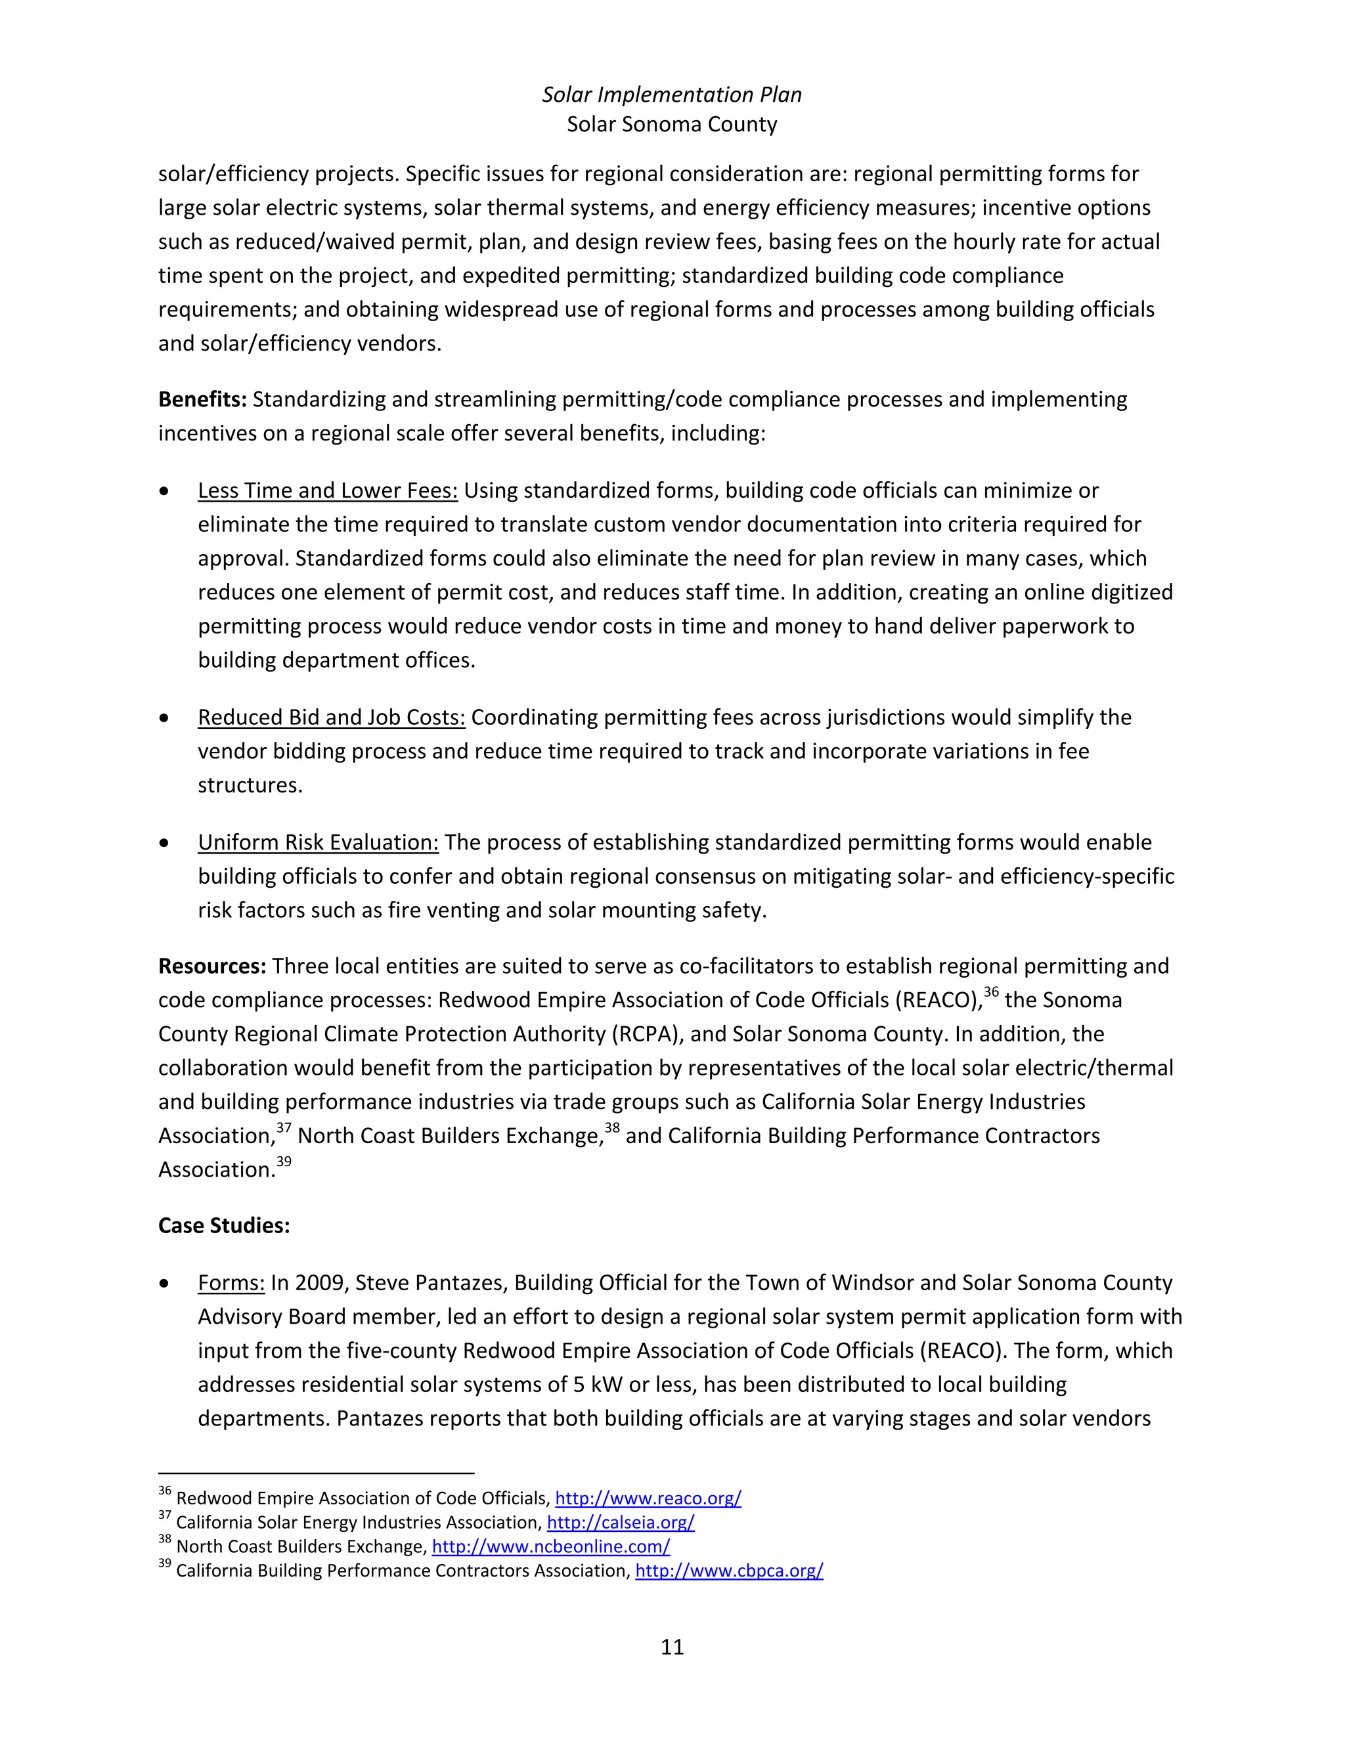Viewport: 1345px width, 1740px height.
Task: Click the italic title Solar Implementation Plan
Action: pos(672,95)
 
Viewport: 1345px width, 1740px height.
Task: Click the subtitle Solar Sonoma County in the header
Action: pos(672,124)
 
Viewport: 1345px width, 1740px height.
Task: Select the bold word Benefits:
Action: pos(202,399)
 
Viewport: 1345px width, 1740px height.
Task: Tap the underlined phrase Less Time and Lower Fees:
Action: pos(328,490)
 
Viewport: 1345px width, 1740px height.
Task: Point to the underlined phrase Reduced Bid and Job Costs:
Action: pos(332,718)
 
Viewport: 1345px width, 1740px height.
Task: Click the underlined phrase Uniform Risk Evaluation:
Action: pos(318,843)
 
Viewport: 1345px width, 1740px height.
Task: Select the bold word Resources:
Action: pos(212,967)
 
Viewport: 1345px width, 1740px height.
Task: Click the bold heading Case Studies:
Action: pos(224,1225)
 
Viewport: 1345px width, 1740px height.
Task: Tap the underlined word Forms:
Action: pos(231,1284)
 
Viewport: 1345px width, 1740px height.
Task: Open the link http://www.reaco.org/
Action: pos(648,1498)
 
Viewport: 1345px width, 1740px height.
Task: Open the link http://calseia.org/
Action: pos(621,1523)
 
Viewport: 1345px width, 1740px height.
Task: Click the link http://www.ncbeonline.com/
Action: pos(550,1546)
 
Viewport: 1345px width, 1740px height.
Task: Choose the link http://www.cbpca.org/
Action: pos(729,1571)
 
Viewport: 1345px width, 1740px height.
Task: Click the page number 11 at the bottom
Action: pos(672,1647)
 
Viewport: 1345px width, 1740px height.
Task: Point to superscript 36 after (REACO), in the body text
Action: pos(991,993)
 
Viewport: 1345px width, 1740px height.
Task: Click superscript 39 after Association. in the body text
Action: pos(284,1162)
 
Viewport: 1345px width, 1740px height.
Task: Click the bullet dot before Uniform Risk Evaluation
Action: pos(164,843)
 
